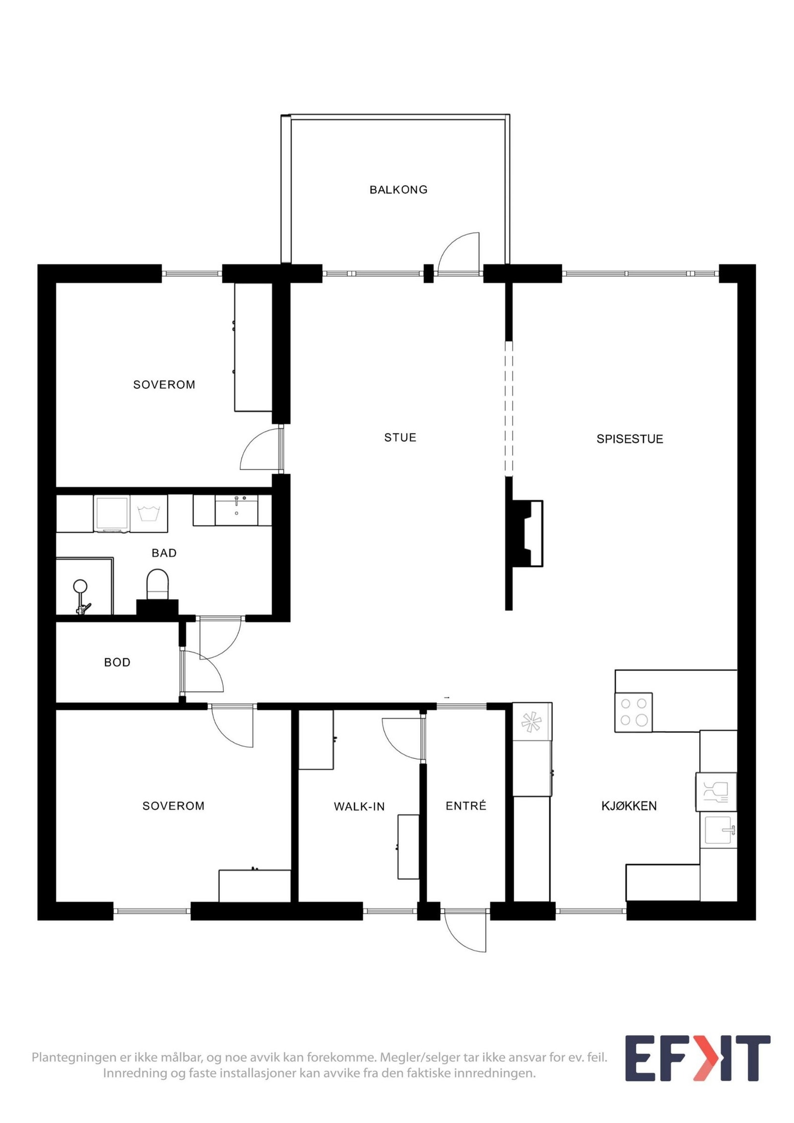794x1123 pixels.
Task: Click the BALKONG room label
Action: (x=398, y=189)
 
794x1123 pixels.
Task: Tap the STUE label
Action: (x=400, y=437)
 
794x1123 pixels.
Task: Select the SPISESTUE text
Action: (x=629, y=439)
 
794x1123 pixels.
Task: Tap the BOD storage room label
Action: (x=117, y=662)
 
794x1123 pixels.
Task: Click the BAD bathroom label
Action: (x=164, y=553)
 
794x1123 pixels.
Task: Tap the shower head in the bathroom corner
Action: (x=80, y=588)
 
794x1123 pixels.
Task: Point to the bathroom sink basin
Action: (x=236, y=511)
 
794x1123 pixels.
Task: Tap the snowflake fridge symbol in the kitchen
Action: (x=531, y=722)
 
